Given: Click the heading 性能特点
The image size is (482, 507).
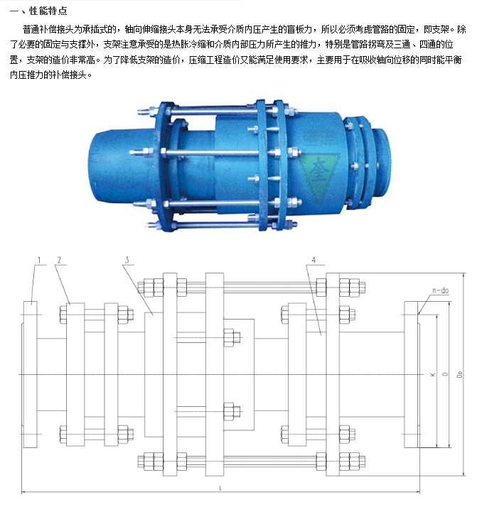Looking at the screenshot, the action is pyautogui.click(x=48, y=11).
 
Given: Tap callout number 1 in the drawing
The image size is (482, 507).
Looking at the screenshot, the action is pyautogui.click(x=39, y=260).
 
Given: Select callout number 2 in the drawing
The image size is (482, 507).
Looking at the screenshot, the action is pyautogui.click(x=59, y=260).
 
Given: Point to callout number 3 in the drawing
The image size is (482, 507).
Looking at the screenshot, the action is pyautogui.click(x=127, y=260).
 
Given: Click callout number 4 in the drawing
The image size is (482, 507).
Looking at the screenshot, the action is pyautogui.click(x=314, y=260).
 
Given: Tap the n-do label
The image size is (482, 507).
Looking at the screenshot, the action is pyautogui.click(x=441, y=290).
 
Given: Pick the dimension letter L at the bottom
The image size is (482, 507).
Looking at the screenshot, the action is pyautogui.click(x=220, y=488).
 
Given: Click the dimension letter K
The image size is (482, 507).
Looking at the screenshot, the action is pyautogui.click(x=432, y=374).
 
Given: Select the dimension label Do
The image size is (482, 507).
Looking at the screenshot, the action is pyautogui.click(x=459, y=374).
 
